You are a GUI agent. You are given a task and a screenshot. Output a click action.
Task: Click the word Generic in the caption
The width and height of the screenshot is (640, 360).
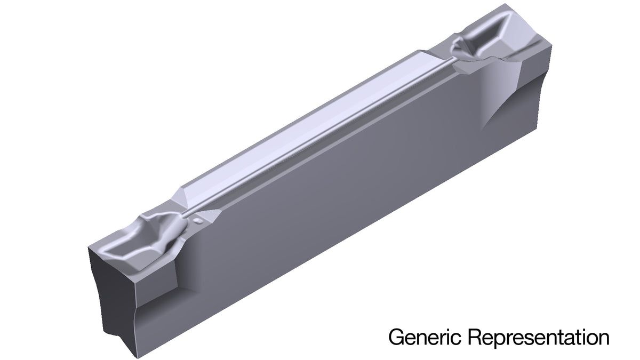[425, 337]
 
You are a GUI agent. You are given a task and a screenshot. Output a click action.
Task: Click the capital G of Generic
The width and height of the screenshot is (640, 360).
[396, 337]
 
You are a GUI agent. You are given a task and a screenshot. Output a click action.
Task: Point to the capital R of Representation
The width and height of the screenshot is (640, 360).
[475, 337]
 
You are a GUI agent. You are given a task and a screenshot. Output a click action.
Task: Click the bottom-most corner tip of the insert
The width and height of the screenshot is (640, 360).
[137, 358]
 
